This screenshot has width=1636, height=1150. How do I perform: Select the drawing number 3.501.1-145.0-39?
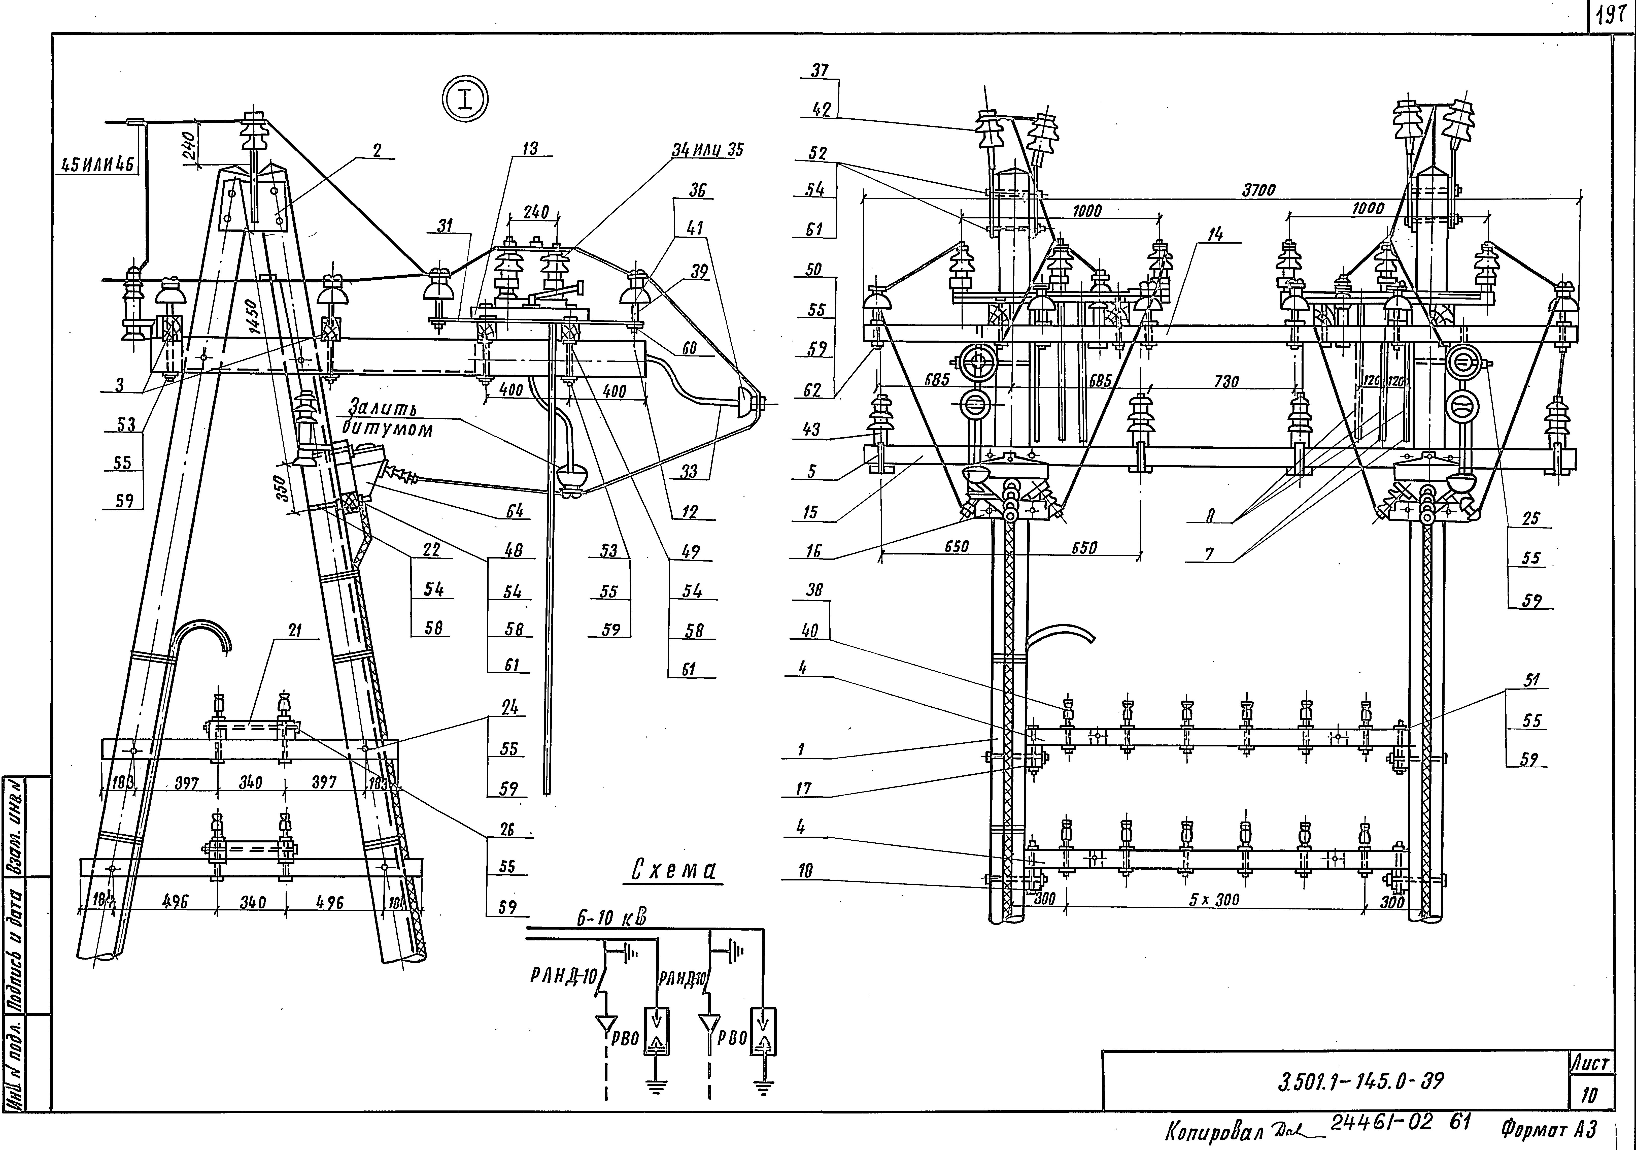click(1361, 1081)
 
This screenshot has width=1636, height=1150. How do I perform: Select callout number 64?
click(515, 510)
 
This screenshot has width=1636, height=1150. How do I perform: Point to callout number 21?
click(294, 630)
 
